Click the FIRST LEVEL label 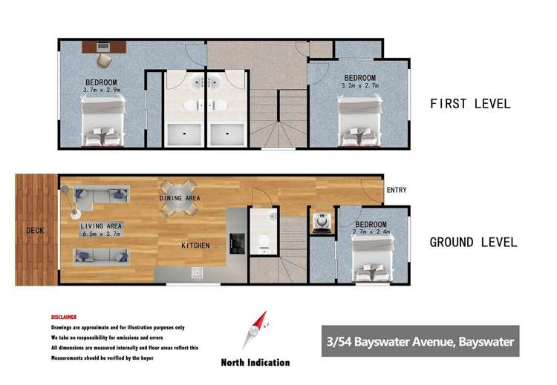[x=470, y=104]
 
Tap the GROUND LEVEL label [x=473, y=242]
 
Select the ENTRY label [x=397, y=191]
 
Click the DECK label [x=35, y=231]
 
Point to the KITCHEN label [x=195, y=246]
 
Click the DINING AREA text [x=180, y=199]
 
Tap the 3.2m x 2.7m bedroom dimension [x=359, y=85]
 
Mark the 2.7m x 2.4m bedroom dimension [x=371, y=232]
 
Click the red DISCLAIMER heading [x=63, y=317]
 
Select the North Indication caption [x=255, y=363]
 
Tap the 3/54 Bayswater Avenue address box [x=420, y=342]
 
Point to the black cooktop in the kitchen [x=238, y=243]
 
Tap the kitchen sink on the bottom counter [x=198, y=274]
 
